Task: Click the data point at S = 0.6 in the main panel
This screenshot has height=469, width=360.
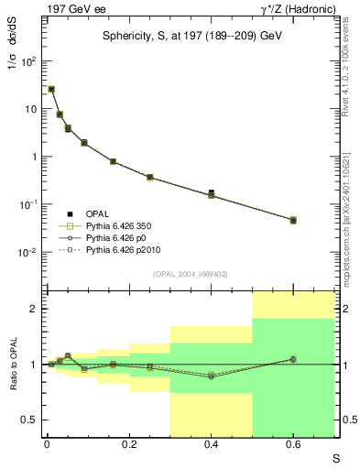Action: click(x=293, y=221)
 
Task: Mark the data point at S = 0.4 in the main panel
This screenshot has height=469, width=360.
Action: click(x=211, y=194)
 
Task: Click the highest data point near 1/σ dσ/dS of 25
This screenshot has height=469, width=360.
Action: click(x=51, y=89)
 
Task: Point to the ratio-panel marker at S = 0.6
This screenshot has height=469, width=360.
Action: click(x=293, y=359)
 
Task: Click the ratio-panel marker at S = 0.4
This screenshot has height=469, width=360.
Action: click(x=211, y=376)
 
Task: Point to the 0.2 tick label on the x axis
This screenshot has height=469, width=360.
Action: click(x=129, y=445)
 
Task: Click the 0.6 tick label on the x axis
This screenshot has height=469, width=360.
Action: click(x=293, y=445)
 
